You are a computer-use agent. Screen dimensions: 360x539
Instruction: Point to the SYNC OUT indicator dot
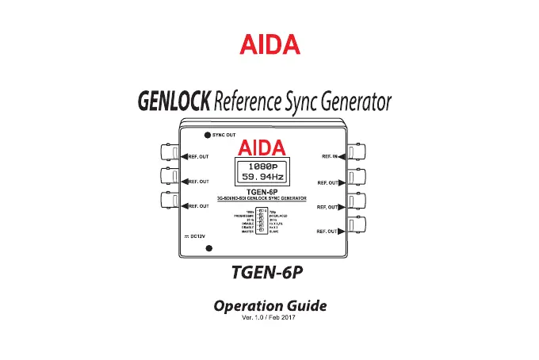tap(207, 135)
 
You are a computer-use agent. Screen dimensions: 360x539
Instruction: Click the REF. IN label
tap(333, 157)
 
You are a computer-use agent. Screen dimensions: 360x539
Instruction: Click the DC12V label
tap(196, 236)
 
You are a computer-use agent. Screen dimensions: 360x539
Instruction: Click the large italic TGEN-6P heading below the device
tap(269, 272)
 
